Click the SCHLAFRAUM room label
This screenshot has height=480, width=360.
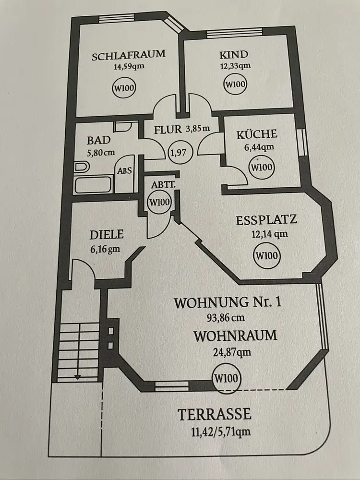pyautogui.click(x=128, y=54)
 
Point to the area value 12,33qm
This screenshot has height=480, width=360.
pyautogui.click(x=235, y=66)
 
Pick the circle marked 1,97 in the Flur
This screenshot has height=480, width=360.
pyautogui.click(x=180, y=153)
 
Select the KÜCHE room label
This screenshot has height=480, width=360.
pyautogui.click(x=257, y=134)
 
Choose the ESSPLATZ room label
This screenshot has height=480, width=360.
pyautogui.click(x=266, y=220)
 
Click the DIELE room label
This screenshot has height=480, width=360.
pyautogui.click(x=107, y=235)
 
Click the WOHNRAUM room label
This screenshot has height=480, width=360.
pyautogui.click(x=235, y=335)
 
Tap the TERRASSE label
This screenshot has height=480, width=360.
pyautogui.click(x=215, y=414)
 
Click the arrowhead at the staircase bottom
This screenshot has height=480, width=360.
pyautogui.click(x=77, y=377)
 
